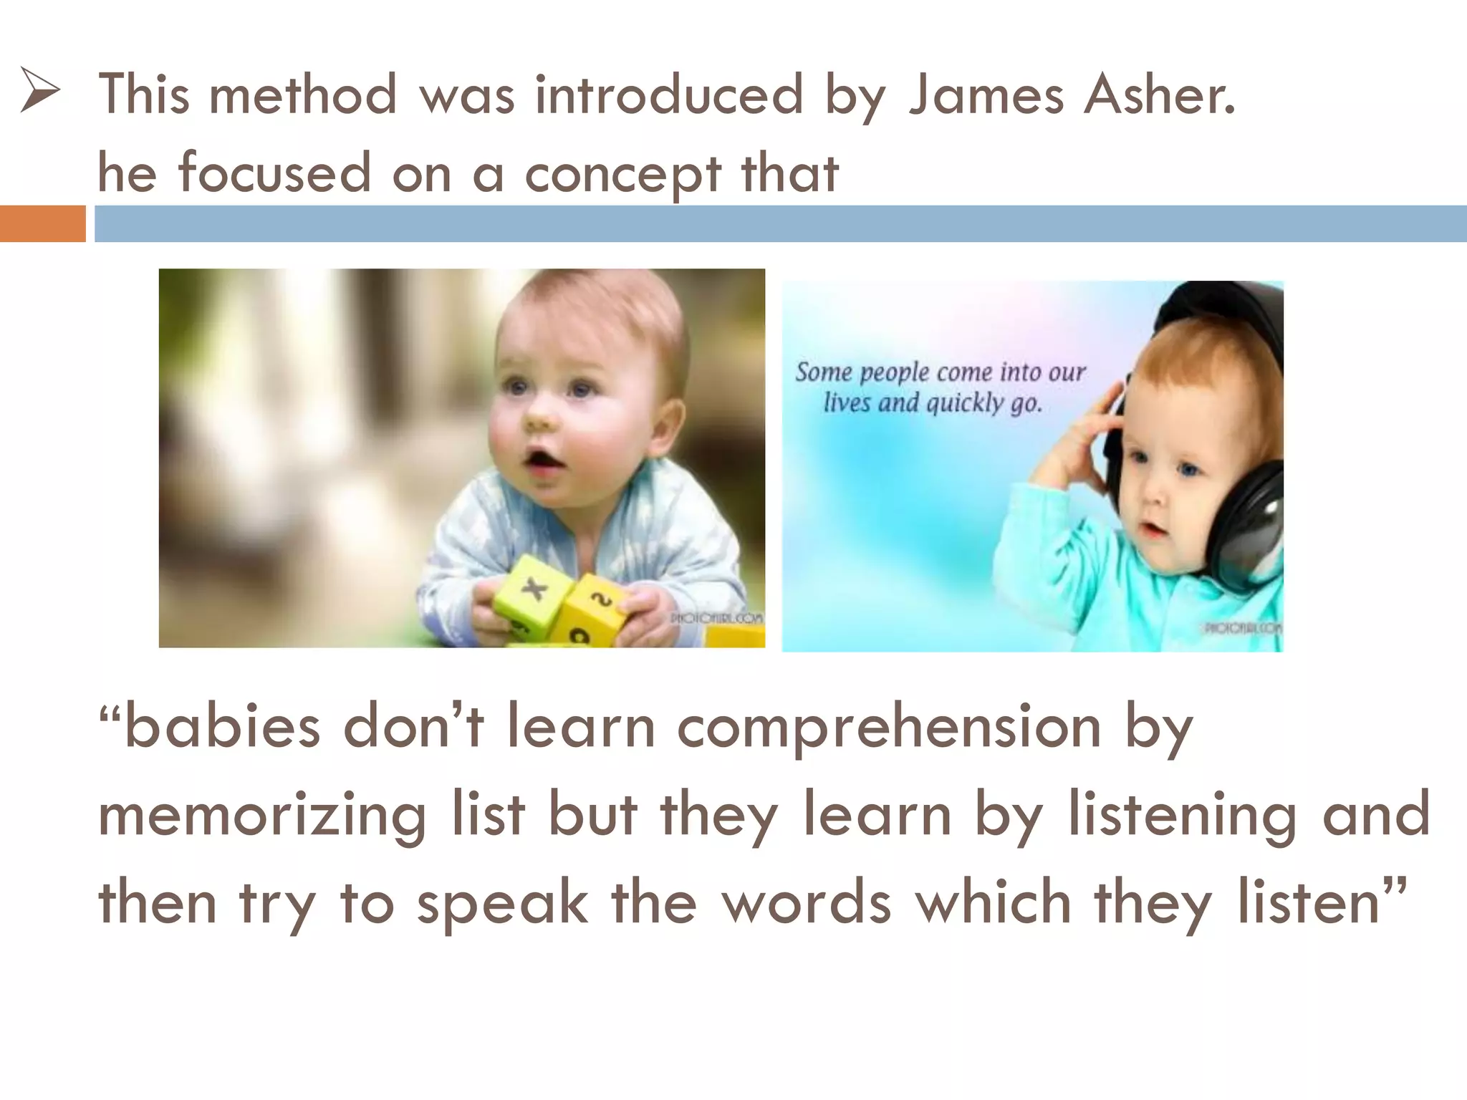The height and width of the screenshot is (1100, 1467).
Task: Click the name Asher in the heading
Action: pyautogui.click(x=1160, y=95)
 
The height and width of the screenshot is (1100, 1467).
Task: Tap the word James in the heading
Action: pyautogui.click(x=986, y=95)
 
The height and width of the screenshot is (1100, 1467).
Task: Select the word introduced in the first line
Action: pyautogui.click(x=669, y=95)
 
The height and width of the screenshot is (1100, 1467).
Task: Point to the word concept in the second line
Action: pyautogui.click(x=622, y=175)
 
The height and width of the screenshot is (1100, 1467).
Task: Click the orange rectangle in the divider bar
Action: pyautogui.click(x=42, y=223)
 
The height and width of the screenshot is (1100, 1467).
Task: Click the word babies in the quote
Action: pyautogui.click(x=222, y=727)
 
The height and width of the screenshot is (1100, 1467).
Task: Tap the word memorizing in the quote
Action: pyautogui.click(x=262, y=816)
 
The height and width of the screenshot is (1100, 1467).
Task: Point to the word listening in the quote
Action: pyautogui.click(x=1183, y=816)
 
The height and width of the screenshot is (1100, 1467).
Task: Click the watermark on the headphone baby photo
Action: pyautogui.click(x=1243, y=628)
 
